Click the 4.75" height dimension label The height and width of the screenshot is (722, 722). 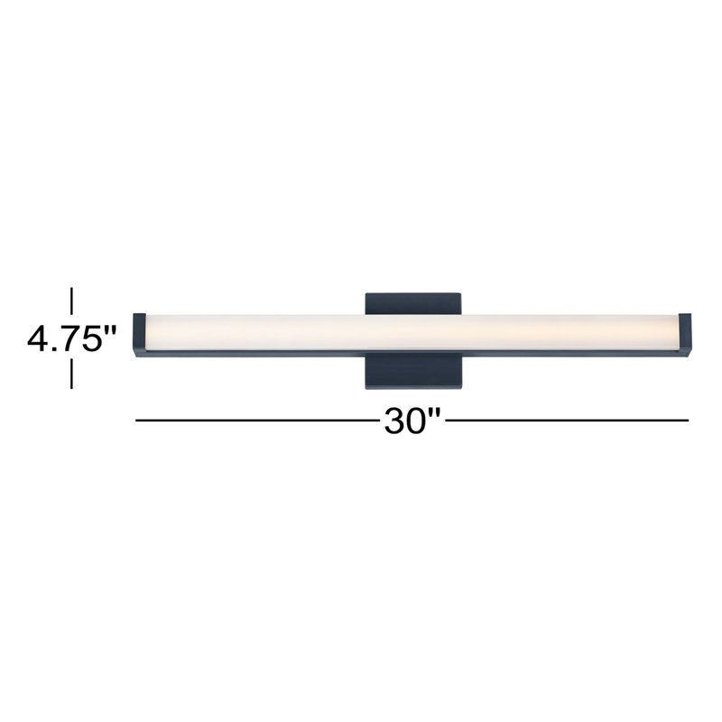[x=72, y=339]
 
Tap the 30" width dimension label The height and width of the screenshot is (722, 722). [x=412, y=421]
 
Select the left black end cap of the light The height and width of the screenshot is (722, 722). [x=139, y=334]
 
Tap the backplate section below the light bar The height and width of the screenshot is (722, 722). [x=414, y=372]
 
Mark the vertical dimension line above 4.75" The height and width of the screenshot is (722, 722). [x=72, y=302]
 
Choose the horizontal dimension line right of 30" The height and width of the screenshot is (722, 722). [x=569, y=421]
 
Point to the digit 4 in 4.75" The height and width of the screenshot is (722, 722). [x=39, y=339]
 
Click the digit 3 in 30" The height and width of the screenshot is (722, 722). [x=394, y=421]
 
